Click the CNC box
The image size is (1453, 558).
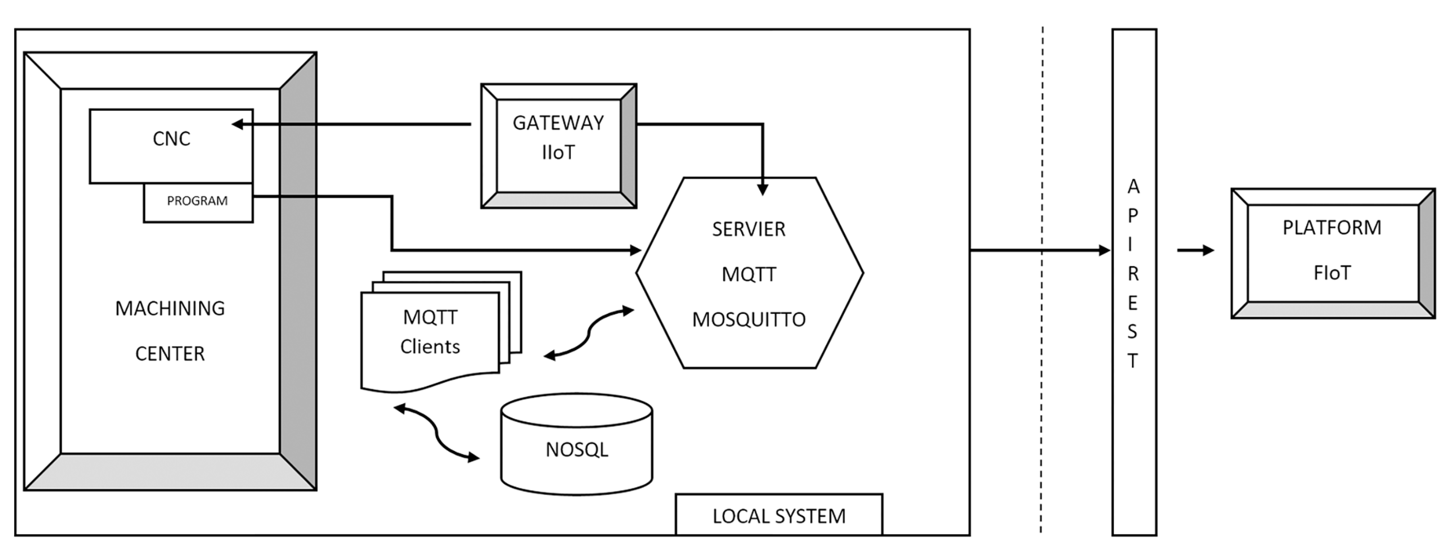click(171, 146)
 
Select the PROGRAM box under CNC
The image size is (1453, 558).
click(198, 202)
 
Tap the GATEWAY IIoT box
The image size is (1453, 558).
click(559, 146)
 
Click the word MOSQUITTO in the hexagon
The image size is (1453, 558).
click(749, 319)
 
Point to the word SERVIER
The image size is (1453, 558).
click(749, 229)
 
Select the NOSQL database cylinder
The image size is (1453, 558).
click(577, 445)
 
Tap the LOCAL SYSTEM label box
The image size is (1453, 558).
click(779, 514)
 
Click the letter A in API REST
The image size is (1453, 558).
click(1133, 187)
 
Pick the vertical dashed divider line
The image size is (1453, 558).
click(1042, 279)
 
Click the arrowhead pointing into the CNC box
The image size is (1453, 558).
click(237, 124)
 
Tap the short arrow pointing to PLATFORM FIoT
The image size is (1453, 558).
click(1196, 250)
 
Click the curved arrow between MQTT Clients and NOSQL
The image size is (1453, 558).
click(436, 432)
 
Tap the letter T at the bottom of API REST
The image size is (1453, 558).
click(1132, 361)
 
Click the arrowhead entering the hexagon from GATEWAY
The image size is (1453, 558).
click(763, 189)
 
